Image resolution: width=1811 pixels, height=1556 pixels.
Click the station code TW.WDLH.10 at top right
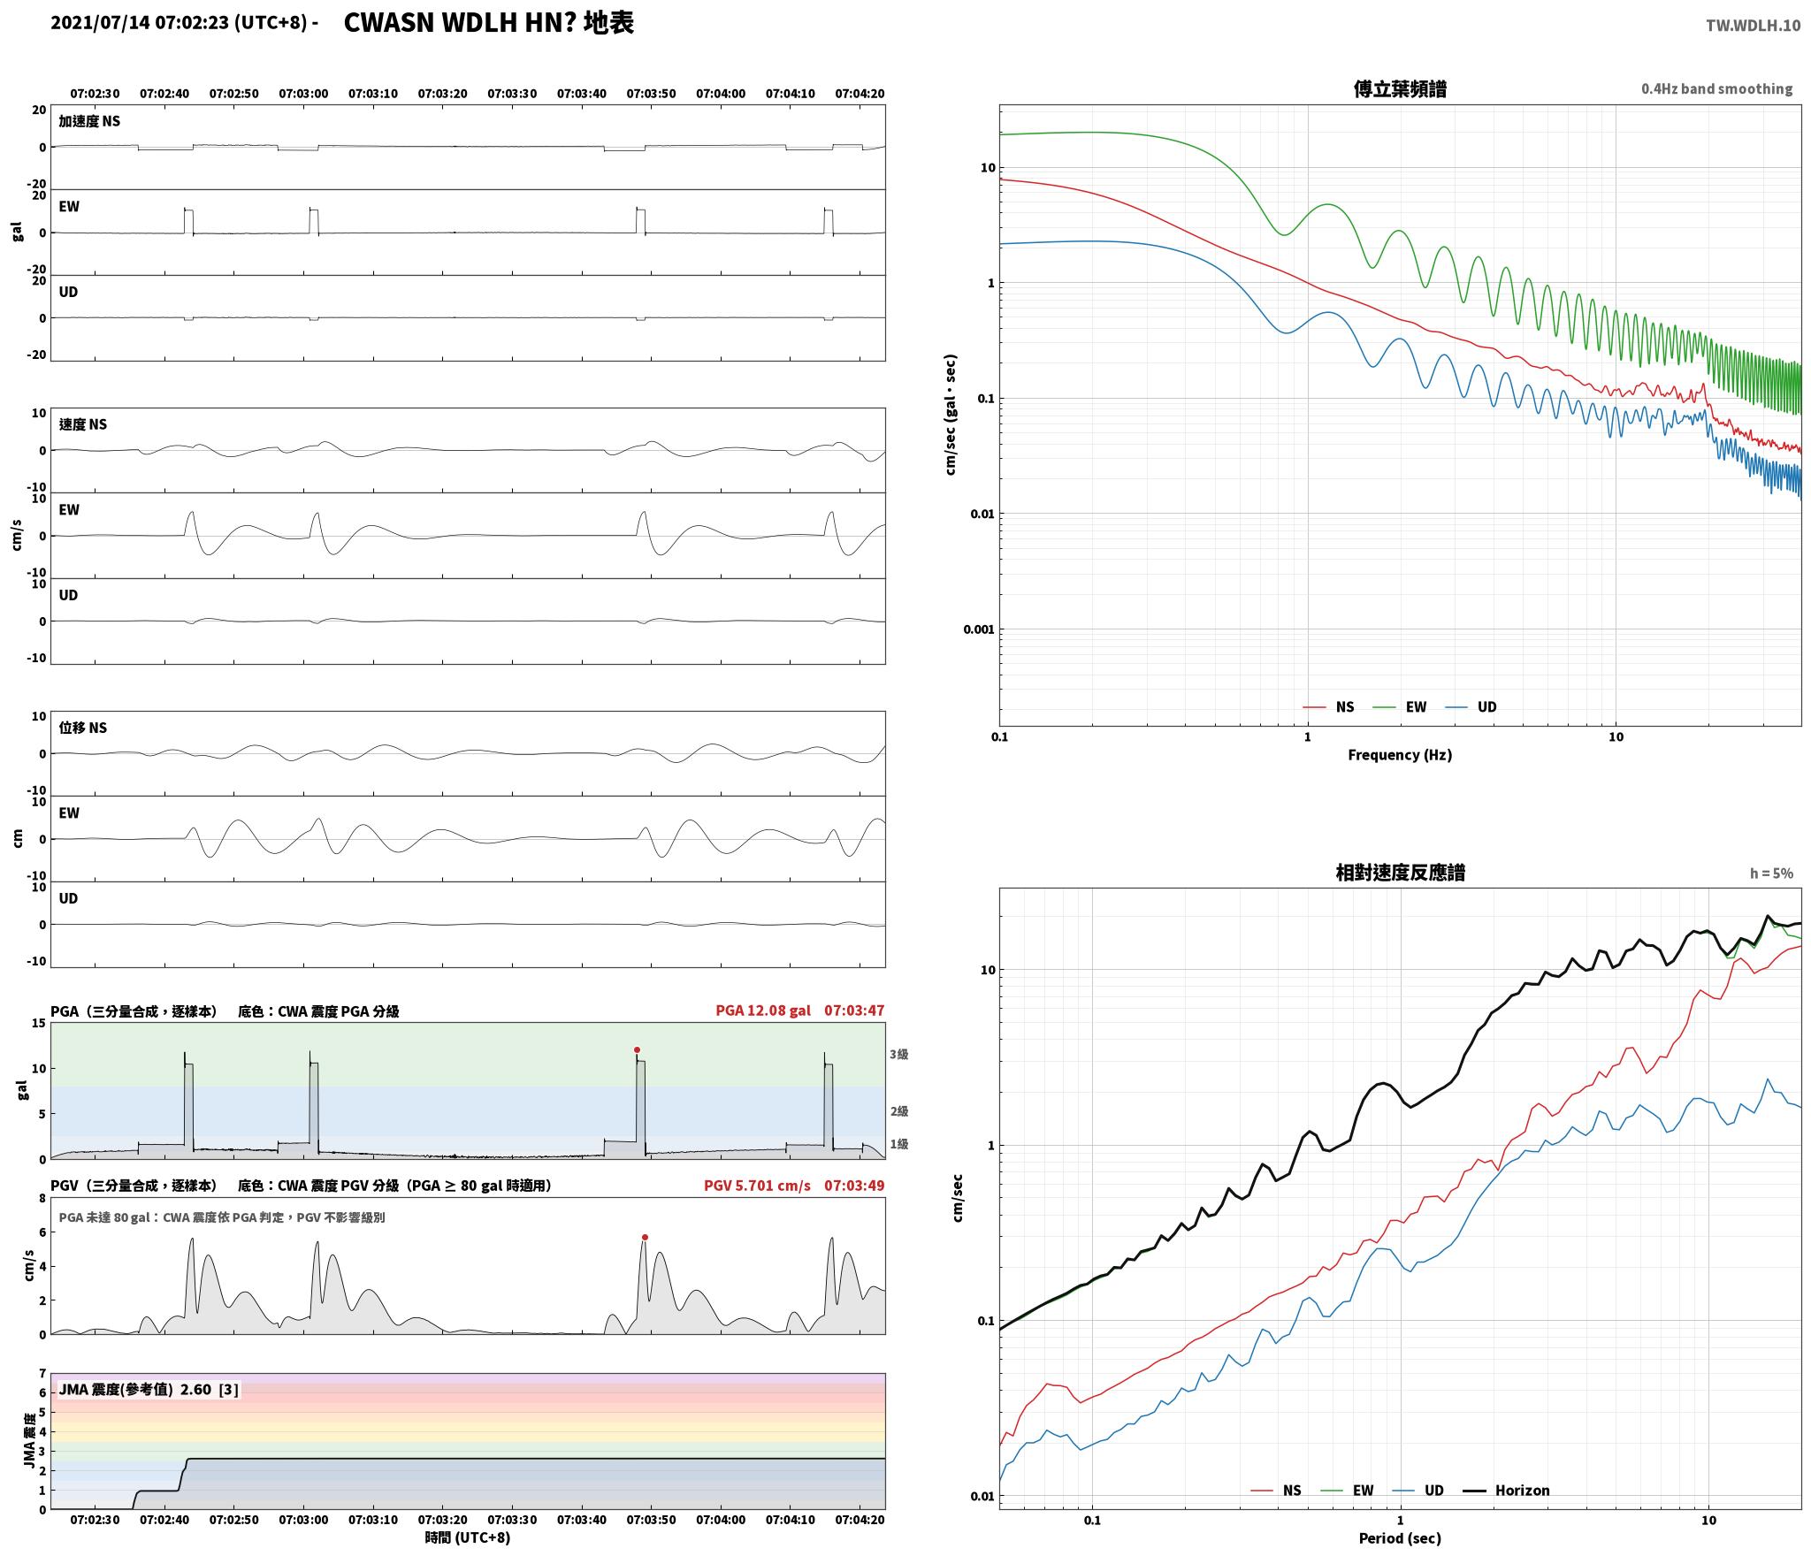coord(1753,26)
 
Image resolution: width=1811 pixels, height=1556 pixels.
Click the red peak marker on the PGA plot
coord(637,1049)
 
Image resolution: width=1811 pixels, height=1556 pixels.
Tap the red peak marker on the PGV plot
coord(645,1237)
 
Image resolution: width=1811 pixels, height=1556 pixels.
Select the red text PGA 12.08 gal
coord(763,1011)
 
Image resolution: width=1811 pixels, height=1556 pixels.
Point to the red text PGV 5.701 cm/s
coord(757,1186)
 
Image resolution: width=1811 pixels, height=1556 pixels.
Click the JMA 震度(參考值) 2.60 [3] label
coord(149,1390)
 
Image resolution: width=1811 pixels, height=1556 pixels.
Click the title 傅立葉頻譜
coord(1400,89)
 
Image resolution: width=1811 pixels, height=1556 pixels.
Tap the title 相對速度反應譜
coord(1400,873)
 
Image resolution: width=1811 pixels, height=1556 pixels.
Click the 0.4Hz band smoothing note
coord(1716,89)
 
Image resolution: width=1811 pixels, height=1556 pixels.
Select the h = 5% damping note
coord(1771,873)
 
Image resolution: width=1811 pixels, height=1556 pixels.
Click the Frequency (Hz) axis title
coord(1400,755)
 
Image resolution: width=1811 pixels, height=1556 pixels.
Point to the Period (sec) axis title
coord(1400,1538)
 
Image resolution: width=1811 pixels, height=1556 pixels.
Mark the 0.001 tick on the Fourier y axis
coord(978,629)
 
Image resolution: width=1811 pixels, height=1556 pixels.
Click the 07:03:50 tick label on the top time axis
coord(651,94)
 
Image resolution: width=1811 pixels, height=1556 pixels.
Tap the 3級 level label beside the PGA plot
coord(898,1054)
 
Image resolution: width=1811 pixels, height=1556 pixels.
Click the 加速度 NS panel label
coord(89,121)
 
